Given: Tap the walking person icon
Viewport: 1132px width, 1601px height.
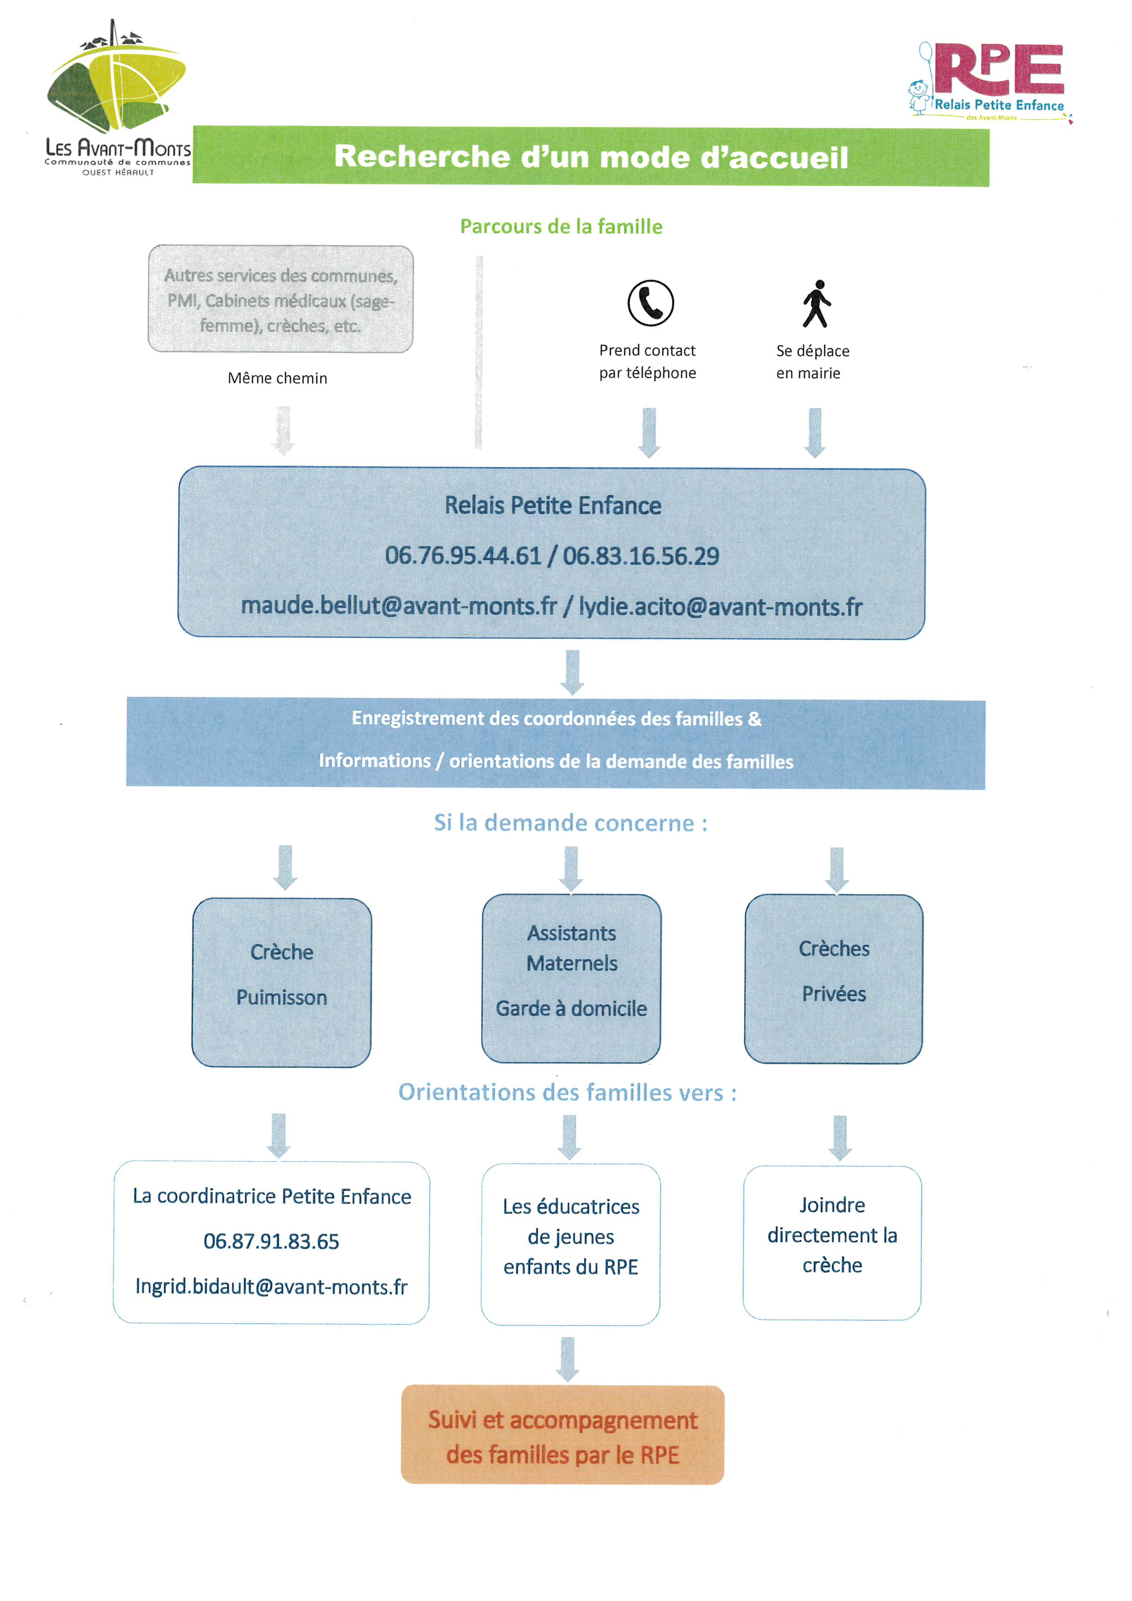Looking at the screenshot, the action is coord(816,303).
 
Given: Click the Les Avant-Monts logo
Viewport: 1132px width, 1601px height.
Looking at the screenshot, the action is coord(117,98).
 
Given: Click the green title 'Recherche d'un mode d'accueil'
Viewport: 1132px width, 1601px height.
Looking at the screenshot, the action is coord(591,156).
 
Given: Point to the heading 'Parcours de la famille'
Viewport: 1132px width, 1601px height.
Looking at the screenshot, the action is coord(561,227).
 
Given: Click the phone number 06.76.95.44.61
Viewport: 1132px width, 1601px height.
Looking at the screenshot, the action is coord(463,556).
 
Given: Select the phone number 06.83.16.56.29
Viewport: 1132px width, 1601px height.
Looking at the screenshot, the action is coord(641,556).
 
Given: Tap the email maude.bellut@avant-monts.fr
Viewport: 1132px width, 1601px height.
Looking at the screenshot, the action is coord(399,606).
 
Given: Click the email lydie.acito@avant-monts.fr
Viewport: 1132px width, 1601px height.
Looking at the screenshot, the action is coord(720,607).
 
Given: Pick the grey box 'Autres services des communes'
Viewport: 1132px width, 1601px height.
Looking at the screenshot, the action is coord(280,298).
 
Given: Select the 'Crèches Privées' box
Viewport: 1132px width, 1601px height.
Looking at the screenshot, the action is coord(833,978).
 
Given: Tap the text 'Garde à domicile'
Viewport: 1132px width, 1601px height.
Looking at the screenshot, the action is coord(571,1008).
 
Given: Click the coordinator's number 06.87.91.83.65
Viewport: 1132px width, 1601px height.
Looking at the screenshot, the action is coord(271,1241).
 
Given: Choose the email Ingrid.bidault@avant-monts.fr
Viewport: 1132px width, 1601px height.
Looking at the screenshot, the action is coord(271,1287).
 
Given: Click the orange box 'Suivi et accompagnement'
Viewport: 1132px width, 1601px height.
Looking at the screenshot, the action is coord(563,1434).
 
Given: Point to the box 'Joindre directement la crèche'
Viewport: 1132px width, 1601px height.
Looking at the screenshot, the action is coord(832,1243).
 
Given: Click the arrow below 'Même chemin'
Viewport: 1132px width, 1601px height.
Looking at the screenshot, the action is coord(283,430).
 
